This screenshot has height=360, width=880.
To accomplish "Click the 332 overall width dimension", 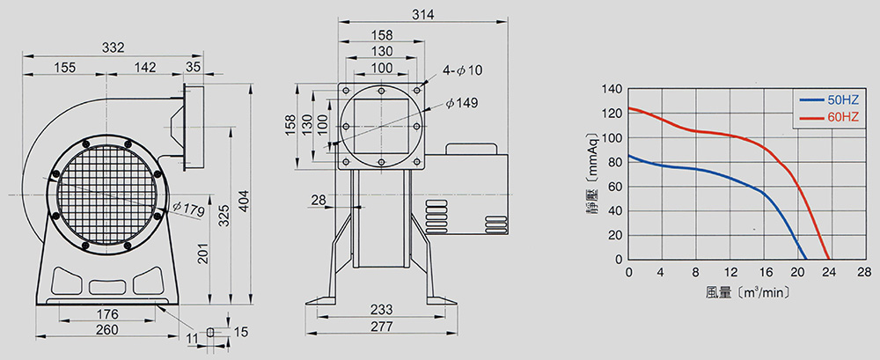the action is click(113, 48).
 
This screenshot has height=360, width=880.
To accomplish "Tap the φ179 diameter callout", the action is click(189, 210).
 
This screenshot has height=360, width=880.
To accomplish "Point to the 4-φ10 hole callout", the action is click(462, 70).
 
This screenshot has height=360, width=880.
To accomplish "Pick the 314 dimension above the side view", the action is click(422, 15).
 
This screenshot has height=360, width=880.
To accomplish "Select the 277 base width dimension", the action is click(382, 327).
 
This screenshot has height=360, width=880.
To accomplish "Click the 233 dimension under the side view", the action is click(382, 310).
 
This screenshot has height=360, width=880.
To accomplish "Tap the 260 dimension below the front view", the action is click(107, 330).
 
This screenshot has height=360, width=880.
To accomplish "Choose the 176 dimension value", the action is click(107, 313).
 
